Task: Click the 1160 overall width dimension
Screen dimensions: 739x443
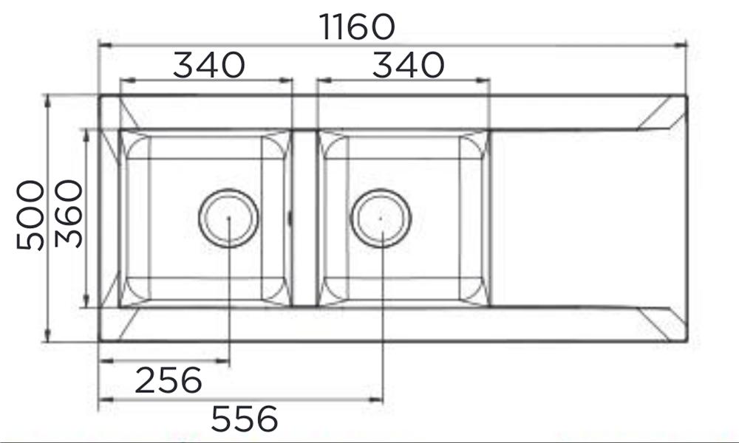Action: click(x=357, y=27)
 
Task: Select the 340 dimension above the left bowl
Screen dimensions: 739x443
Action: click(x=209, y=65)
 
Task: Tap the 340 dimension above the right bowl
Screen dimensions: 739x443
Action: click(x=408, y=65)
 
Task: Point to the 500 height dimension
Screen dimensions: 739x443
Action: click(x=30, y=215)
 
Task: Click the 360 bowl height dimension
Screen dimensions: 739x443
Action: click(x=69, y=213)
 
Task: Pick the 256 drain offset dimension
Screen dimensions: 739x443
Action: click(x=168, y=380)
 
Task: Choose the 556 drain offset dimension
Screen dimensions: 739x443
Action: click(x=245, y=419)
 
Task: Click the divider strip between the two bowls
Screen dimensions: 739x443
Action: click(x=304, y=218)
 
